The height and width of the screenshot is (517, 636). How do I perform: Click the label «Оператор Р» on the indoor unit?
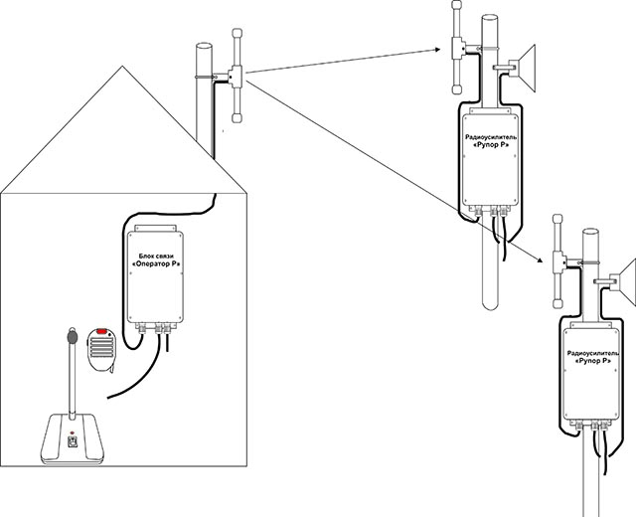coord(156,263)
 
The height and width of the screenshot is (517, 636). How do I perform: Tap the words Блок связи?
coord(156,257)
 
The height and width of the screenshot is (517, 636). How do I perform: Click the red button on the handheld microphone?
coord(101,331)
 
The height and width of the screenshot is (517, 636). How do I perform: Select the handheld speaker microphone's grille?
coord(101,346)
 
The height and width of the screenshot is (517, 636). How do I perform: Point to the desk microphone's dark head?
coord(73,336)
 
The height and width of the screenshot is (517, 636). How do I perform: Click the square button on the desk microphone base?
coord(73,441)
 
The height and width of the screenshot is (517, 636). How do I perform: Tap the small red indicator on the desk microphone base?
coord(73,432)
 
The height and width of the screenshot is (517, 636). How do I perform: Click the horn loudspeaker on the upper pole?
coord(523,69)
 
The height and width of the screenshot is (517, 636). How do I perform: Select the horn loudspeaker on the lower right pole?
coord(624,282)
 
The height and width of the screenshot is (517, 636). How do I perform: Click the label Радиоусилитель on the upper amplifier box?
coord(491,137)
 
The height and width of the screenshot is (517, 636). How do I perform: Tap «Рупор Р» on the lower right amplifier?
coord(592,360)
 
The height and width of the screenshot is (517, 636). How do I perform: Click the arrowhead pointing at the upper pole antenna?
coord(437,50)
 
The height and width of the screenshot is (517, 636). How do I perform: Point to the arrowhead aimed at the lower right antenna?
coord(540,260)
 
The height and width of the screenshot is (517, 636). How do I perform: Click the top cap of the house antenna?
coord(237,33)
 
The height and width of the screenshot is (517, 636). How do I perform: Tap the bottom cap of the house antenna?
coord(237,118)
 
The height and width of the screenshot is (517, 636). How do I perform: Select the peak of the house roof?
coord(122,67)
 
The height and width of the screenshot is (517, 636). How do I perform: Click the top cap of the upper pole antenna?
coord(457,5)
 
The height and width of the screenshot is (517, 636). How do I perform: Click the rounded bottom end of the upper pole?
coord(490,305)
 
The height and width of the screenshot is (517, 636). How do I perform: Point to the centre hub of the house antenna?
coord(236,76)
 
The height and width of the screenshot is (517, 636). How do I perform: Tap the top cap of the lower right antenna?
coord(557,219)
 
